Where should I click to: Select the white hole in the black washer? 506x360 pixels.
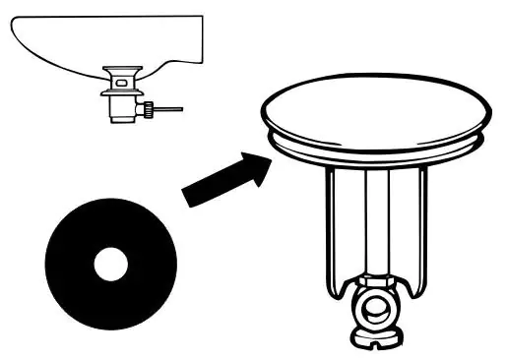[x=110, y=264]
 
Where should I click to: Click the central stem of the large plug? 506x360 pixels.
[x=375, y=221]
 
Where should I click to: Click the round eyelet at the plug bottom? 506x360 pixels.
[x=375, y=314]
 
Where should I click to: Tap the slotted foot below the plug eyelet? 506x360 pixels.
[x=375, y=341]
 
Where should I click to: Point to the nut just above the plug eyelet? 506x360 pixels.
[x=375, y=282]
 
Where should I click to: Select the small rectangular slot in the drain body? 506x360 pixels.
[x=120, y=85]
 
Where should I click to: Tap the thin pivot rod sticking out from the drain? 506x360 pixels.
[x=171, y=110]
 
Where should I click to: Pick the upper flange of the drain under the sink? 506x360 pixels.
[x=122, y=71]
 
